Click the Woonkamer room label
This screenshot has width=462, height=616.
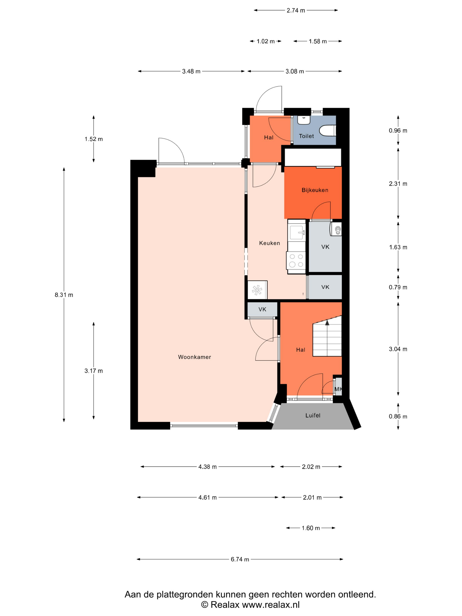[194, 357]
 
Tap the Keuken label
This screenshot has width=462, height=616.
[269, 243]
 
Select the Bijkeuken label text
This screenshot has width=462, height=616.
[315, 190]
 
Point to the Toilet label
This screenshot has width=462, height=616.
[306, 136]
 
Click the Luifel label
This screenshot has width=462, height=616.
[313, 416]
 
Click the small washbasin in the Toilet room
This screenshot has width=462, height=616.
[304, 120]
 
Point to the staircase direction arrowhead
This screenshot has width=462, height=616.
[327, 323]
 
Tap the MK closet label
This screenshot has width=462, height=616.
[338, 389]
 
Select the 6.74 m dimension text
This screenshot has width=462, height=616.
[240, 559]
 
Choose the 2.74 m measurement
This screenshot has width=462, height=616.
[296, 11]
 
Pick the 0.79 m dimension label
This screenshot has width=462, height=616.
[398, 287]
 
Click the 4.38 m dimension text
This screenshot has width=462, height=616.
[207, 467]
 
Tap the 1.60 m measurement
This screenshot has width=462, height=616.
[311, 528]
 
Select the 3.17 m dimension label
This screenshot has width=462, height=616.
[93, 371]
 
